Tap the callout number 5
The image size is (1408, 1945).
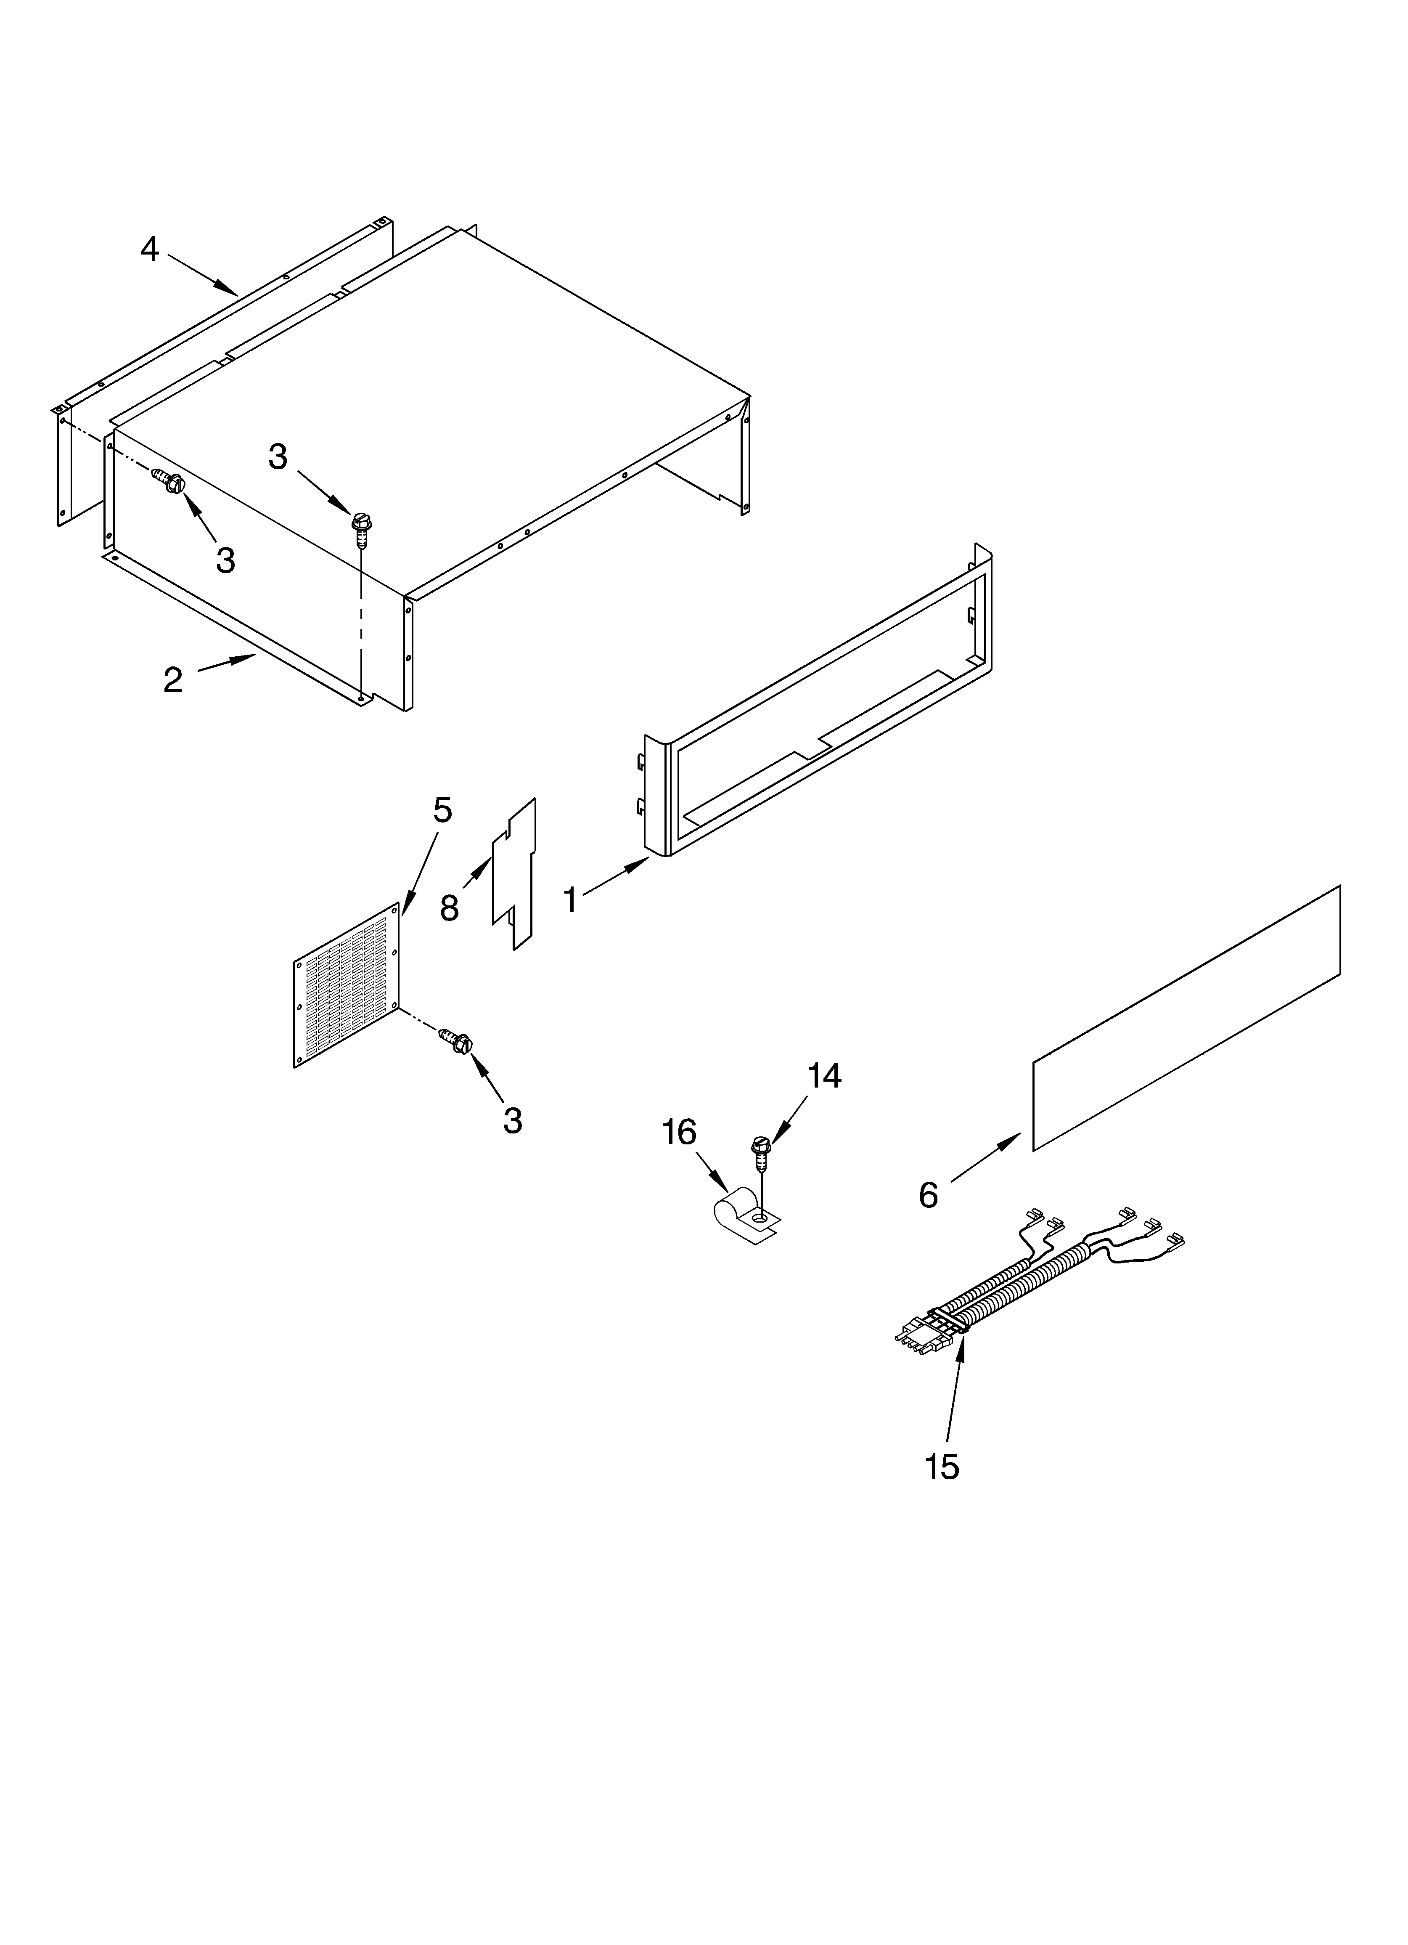(x=442, y=809)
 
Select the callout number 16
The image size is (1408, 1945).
(x=679, y=1133)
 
